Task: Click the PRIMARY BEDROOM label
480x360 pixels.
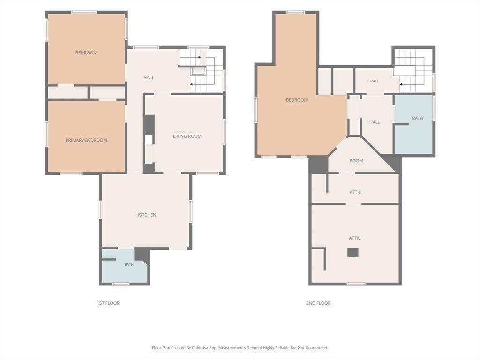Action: (x=86, y=140)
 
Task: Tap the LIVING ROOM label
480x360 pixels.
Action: (x=187, y=136)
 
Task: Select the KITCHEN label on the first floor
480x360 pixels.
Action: (x=147, y=215)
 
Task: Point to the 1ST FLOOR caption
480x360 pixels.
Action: (x=108, y=303)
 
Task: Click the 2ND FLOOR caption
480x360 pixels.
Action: (x=318, y=303)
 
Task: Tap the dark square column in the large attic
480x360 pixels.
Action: (x=352, y=253)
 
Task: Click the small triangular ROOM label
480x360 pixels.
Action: (x=356, y=161)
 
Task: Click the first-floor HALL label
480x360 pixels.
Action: (x=149, y=78)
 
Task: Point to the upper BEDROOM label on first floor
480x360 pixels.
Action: (x=86, y=53)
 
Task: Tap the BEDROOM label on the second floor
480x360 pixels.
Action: (x=297, y=100)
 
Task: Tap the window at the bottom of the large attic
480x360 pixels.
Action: (x=356, y=284)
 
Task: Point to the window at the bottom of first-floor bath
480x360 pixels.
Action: (x=121, y=284)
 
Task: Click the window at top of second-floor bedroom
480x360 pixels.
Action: (x=296, y=12)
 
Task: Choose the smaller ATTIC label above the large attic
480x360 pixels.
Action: (x=355, y=192)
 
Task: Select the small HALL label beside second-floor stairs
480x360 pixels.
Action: (x=375, y=81)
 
